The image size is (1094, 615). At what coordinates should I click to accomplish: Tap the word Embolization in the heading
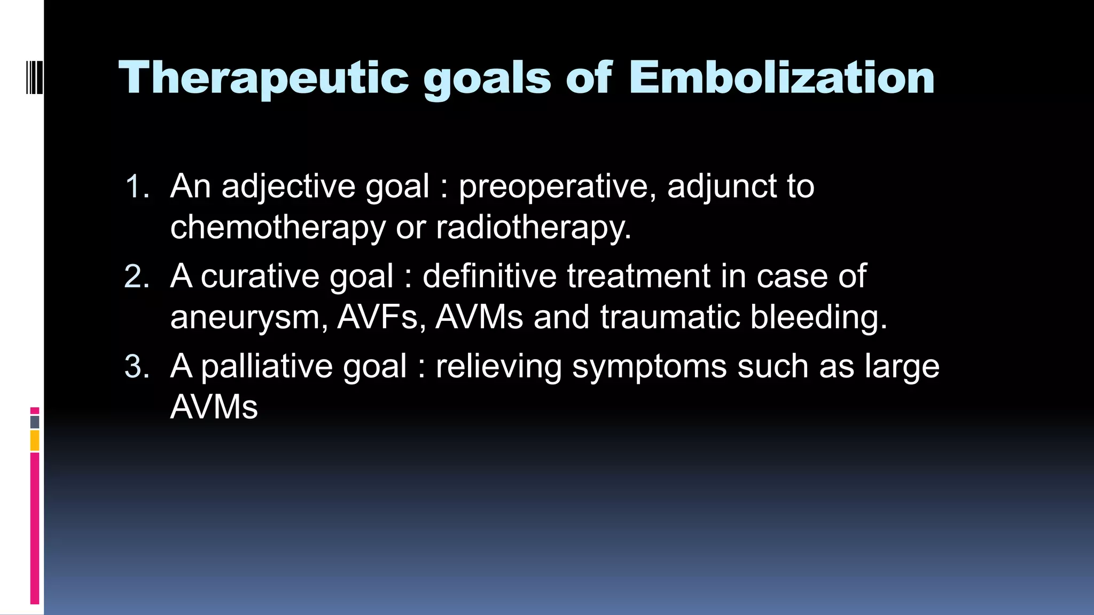[x=781, y=78]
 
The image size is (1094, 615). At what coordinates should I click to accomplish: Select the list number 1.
[x=137, y=187]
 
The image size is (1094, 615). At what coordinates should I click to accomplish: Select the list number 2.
[x=137, y=277]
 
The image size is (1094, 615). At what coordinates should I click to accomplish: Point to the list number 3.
[x=137, y=367]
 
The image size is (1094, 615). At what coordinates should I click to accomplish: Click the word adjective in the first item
[x=288, y=187]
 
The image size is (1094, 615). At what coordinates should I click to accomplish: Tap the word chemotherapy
[x=277, y=227]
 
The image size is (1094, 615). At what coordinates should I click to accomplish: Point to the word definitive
[x=489, y=277]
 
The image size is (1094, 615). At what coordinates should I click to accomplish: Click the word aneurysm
[x=249, y=318]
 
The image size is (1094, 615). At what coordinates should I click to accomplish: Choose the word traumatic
[x=670, y=318]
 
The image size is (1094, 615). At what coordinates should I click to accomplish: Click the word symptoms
[x=650, y=367]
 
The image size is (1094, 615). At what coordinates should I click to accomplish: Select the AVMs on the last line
[x=214, y=408]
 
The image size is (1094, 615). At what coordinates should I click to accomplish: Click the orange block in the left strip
[x=35, y=441]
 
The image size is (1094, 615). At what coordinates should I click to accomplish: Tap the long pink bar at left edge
[x=35, y=529]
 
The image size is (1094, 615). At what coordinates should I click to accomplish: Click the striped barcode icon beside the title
[x=34, y=78]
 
